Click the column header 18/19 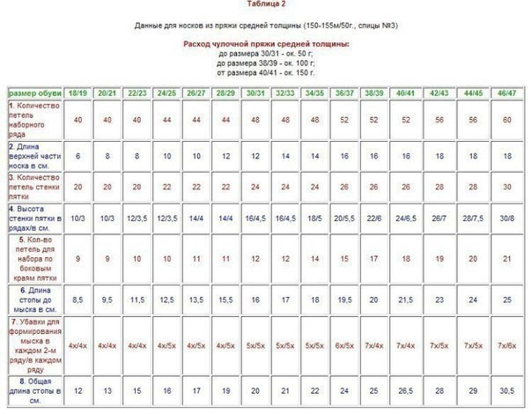click(x=78, y=92)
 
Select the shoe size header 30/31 click(x=256, y=92)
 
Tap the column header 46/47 click(x=506, y=92)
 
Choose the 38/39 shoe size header click(x=373, y=92)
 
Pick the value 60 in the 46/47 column click(x=506, y=120)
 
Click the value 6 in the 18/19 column click(x=78, y=155)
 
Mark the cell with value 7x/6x click(x=506, y=344)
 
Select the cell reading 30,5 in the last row click(x=506, y=388)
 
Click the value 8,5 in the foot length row click(x=78, y=299)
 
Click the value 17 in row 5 click(x=373, y=259)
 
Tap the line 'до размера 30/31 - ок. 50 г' click(x=266, y=53)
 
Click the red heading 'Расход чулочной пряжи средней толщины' click(x=266, y=43)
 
